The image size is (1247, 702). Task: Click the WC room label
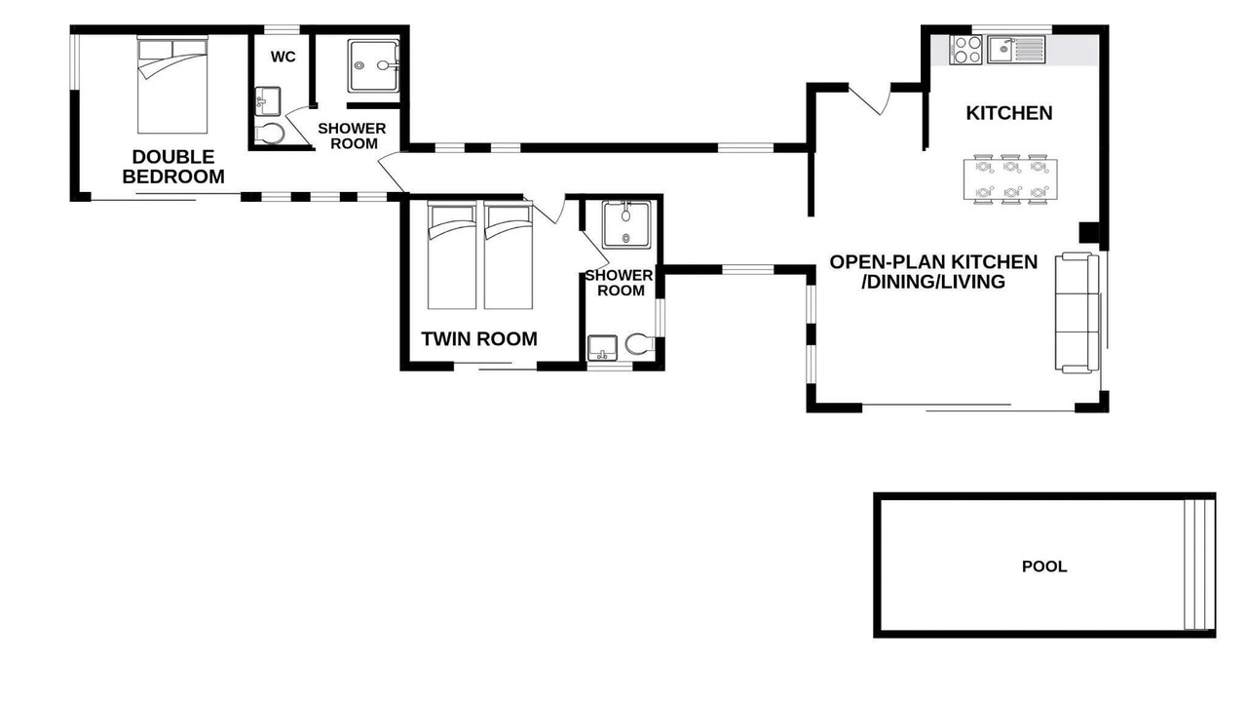click(283, 57)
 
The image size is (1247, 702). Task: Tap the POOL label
click(1044, 566)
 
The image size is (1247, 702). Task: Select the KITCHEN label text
click(1008, 113)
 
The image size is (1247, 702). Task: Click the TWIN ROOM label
click(478, 338)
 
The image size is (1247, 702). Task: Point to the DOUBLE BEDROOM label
click(173, 167)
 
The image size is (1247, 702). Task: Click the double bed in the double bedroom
click(172, 85)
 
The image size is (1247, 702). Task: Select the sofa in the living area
click(1077, 312)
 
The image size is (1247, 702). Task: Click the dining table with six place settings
click(1010, 179)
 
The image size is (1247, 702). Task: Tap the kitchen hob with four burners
click(966, 50)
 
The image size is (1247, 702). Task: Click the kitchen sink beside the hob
click(1016, 50)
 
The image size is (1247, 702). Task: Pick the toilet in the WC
click(270, 134)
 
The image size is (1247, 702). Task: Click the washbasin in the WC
click(268, 101)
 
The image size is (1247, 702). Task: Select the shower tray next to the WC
click(373, 65)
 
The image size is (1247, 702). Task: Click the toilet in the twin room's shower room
click(639, 345)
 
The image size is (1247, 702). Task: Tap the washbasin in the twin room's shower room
click(602, 348)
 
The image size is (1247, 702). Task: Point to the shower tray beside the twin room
click(626, 224)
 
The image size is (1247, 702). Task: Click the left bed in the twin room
click(452, 255)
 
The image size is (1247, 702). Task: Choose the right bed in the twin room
click(509, 255)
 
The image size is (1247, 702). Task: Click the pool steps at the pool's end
click(1198, 565)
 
